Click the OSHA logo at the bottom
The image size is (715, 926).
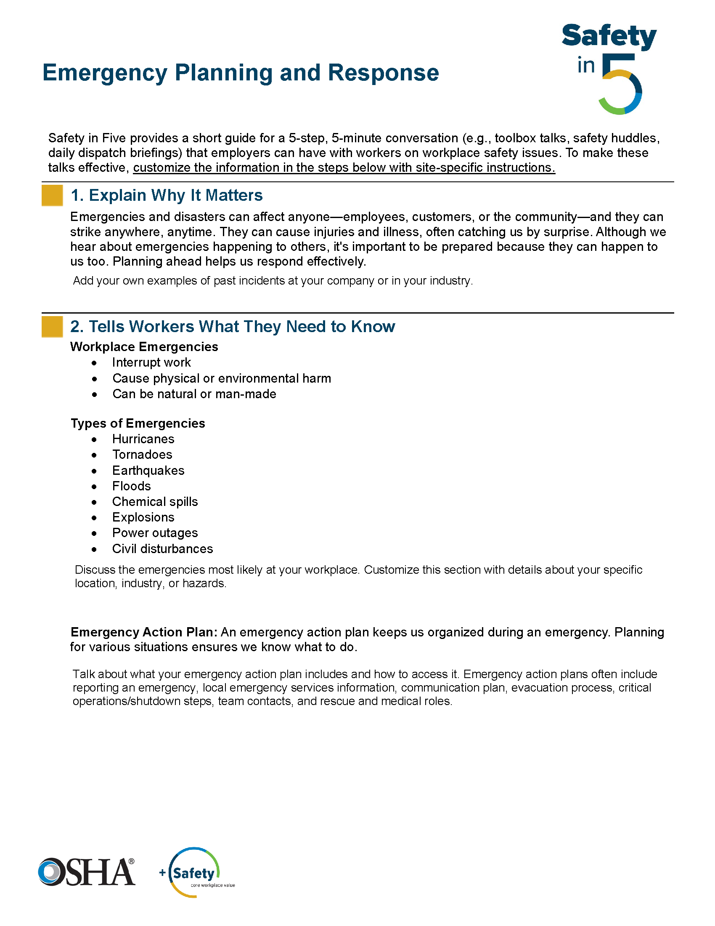point(87,872)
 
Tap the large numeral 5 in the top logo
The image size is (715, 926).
point(621,85)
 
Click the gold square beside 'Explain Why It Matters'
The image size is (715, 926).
point(52,195)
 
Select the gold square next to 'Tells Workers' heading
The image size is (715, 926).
point(52,327)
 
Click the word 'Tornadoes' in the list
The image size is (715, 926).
point(142,455)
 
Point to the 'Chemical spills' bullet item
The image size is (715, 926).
point(155,502)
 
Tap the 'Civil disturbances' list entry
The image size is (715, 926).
point(162,548)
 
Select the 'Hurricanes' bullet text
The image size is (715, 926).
point(143,439)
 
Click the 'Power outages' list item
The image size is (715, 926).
point(155,533)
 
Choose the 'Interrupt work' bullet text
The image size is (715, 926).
point(152,362)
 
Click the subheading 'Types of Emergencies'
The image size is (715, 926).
point(138,423)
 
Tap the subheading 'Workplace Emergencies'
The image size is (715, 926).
point(144,347)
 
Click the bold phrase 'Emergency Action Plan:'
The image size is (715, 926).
point(144,632)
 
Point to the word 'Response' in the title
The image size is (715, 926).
point(383,72)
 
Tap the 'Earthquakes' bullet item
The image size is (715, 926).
point(148,471)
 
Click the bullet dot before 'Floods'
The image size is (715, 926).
point(94,487)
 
